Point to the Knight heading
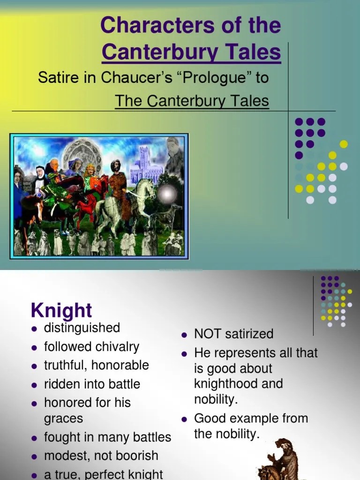pyautogui.click(x=61, y=310)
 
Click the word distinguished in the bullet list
pyautogui.click(x=82, y=328)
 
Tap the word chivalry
pyautogui.click(x=117, y=347)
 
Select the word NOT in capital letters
pyautogui.click(x=208, y=334)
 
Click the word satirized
pyautogui.click(x=249, y=334)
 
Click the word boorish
pyautogui.click(x=137, y=456)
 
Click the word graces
pyautogui.click(x=63, y=419)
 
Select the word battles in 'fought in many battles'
pyautogui.click(x=151, y=437)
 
